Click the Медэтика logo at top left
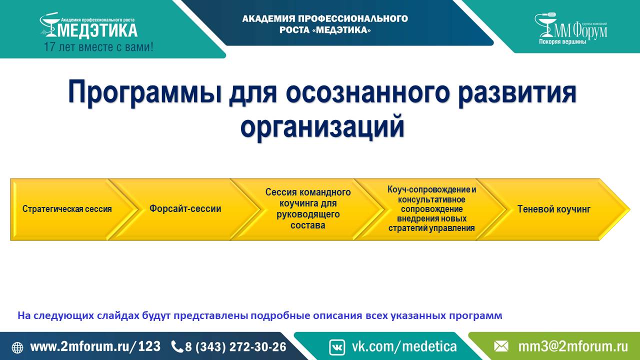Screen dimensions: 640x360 point(88,25)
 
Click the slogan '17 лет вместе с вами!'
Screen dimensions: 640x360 point(98,47)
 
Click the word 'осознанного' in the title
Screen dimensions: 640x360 point(368,92)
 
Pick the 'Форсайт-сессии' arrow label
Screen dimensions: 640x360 point(185,208)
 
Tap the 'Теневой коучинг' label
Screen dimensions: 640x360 point(554,209)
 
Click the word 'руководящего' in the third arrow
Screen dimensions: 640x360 point(308,214)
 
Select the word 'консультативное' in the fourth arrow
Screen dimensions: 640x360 point(431,199)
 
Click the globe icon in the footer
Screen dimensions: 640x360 point(17,347)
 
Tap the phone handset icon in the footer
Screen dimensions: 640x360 point(177,347)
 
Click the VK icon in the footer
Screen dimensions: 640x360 point(337,347)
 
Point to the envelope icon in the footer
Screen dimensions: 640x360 point(501,347)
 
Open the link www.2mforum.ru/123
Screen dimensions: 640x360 point(95,346)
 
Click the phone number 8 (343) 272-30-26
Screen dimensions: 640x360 point(235,347)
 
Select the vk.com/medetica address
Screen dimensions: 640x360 point(404,347)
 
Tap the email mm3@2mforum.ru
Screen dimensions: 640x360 point(573,347)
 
